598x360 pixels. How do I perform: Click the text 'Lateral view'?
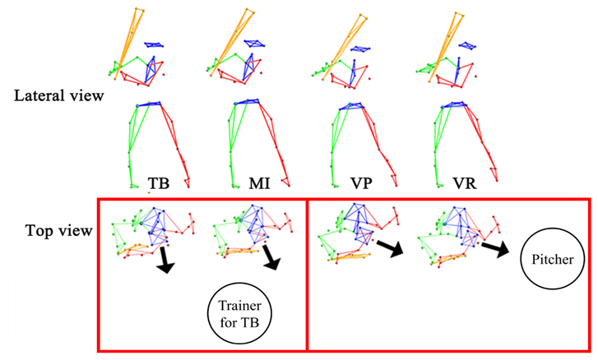[58, 96]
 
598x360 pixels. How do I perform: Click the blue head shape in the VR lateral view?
[465, 46]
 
